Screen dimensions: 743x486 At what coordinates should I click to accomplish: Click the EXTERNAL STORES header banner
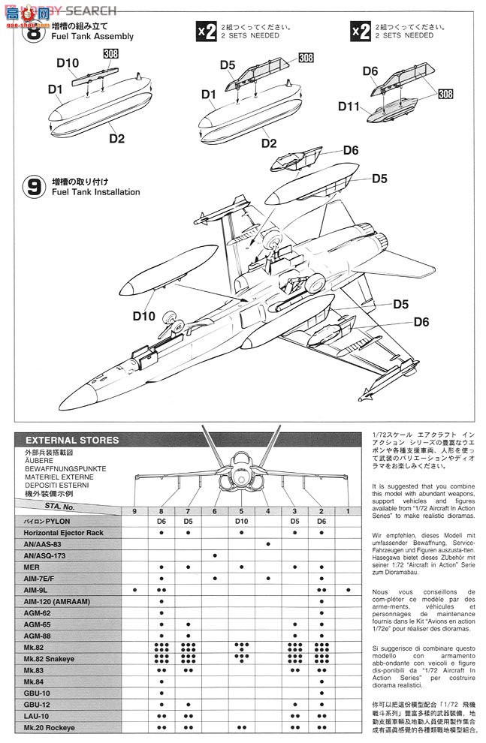click(83, 441)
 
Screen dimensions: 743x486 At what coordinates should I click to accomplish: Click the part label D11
click(349, 107)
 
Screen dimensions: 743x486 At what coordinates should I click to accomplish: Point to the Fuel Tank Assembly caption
click(93, 36)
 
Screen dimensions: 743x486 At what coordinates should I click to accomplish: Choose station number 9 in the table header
click(134, 511)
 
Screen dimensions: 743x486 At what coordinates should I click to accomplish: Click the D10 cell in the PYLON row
click(241, 521)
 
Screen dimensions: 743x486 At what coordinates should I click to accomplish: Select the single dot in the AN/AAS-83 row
click(268, 543)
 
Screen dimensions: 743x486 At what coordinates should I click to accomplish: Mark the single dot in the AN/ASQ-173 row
click(215, 555)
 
